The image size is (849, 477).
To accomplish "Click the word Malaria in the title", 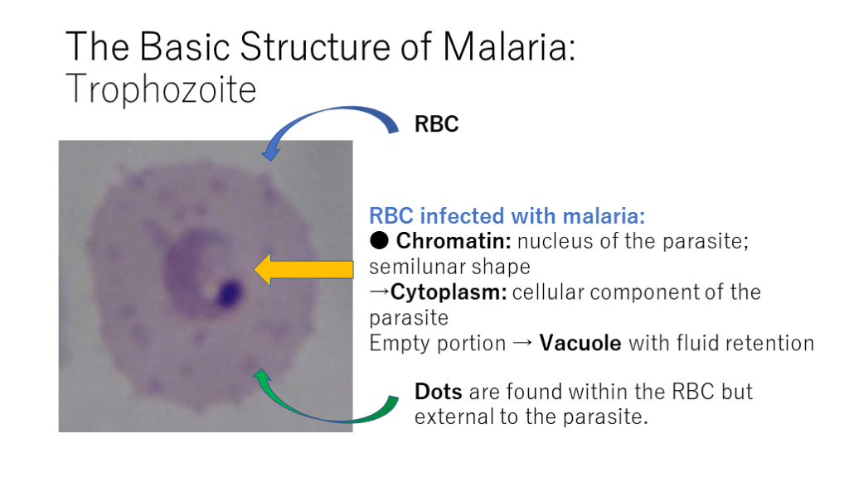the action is pyautogui.click(x=509, y=46).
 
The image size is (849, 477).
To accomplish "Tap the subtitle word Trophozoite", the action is pyautogui.click(x=161, y=89).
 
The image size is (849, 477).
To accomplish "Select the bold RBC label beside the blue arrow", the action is pyautogui.click(x=436, y=124).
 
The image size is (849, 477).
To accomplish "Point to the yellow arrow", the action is pyautogui.click(x=303, y=269).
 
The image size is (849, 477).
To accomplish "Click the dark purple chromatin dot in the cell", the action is pyautogui.click(x=229, y=293).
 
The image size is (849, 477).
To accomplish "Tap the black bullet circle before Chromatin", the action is pyautogui.click(x=379, y=240).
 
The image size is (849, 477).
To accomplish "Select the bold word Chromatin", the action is pyautogui.click(x=454, y=241).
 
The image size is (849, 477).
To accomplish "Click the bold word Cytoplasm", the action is pyautogui.click(x=449, y=292).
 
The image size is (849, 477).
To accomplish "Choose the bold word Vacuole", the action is pyautogui.click(x=580, y=343).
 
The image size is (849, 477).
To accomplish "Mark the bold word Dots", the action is pyautogui.click(x=438, y=392).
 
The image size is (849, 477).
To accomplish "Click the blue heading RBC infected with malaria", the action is pyautogui.click(x=507, y=216).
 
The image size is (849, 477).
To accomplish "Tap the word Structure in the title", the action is pyautogui.click(x=314, y=46).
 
